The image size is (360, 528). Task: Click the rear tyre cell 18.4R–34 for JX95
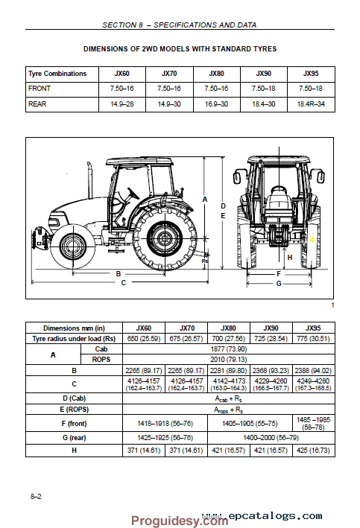310,105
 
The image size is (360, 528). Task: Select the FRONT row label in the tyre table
39,89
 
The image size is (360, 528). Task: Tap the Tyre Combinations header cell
57,74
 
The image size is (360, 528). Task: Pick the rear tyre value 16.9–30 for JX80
216,105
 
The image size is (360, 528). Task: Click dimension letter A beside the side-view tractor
205,199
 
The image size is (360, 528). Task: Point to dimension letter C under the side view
124,282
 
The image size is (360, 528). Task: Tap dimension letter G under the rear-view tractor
278,283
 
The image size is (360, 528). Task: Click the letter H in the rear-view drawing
290,258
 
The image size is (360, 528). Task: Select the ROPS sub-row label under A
101,359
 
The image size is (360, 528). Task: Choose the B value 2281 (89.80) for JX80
225,369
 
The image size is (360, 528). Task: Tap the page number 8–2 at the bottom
36,495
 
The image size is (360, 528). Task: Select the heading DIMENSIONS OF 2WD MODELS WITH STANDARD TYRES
180,49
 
